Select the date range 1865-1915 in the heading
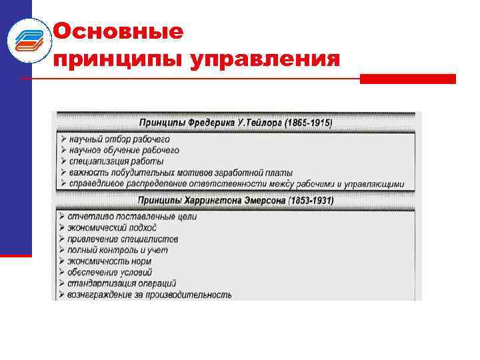tap(308, 123)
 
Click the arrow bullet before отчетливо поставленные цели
tap(61, 217)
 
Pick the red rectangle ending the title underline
tap(407, 79)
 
